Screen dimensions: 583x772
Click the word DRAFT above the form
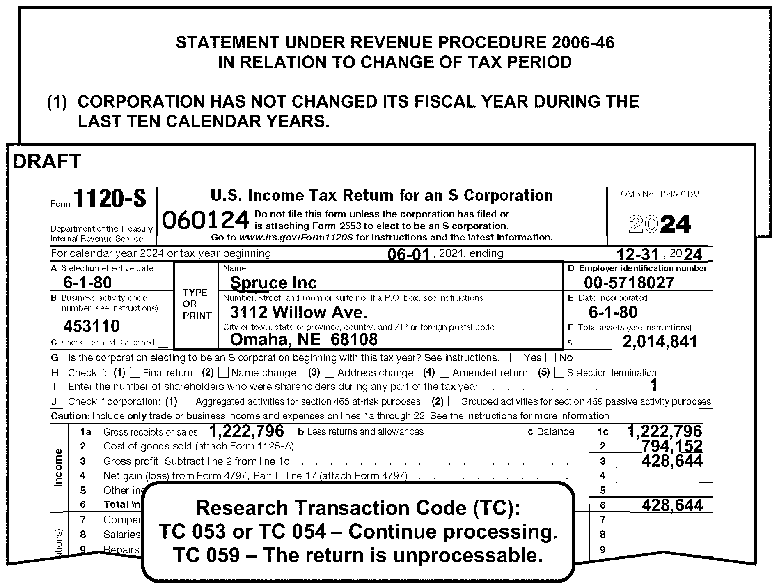coord(47,161)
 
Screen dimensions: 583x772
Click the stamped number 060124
coord(205,220)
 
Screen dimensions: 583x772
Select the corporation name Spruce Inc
coord(273,283)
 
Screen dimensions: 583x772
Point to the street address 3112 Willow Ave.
coord(298,313)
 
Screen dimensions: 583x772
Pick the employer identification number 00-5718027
coord(629,283)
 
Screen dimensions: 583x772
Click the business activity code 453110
coord(91,326)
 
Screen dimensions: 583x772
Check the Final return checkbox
coord(135,373)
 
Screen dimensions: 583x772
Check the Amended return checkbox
coord(444,373)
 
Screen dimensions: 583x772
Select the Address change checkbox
coord(329,373)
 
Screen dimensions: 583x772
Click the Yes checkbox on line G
coord(515,358)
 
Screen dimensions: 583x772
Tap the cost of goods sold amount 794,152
coord(672,446)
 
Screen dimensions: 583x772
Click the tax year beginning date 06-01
coord(408,255)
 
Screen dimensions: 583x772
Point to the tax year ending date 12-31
coord(638,255)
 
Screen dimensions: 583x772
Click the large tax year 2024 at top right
coord(660,224)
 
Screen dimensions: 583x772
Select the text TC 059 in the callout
coord(206,555)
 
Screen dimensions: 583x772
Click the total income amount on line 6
coord(672,505)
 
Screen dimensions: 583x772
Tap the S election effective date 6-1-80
coord(87,283)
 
